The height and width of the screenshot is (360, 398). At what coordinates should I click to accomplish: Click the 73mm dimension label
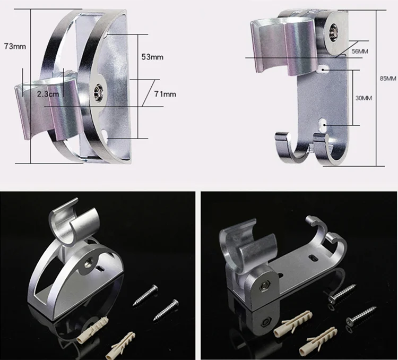click(15, 46)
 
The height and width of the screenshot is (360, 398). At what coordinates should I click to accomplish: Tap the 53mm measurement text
click(152, 57)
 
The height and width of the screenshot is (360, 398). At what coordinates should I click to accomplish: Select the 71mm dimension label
click(165, 94)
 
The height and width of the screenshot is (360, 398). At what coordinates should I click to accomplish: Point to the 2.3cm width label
click(48, 94)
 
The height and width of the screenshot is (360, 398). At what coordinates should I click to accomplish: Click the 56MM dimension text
click(360, 51)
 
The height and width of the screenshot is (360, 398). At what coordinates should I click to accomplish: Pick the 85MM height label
click(388, 79)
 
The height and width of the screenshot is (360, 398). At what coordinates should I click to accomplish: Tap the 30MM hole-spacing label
click(364, 98)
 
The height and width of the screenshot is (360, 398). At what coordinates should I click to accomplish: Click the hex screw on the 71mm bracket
click(98, 91)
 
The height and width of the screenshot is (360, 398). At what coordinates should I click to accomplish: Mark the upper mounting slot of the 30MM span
click(323, 68)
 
